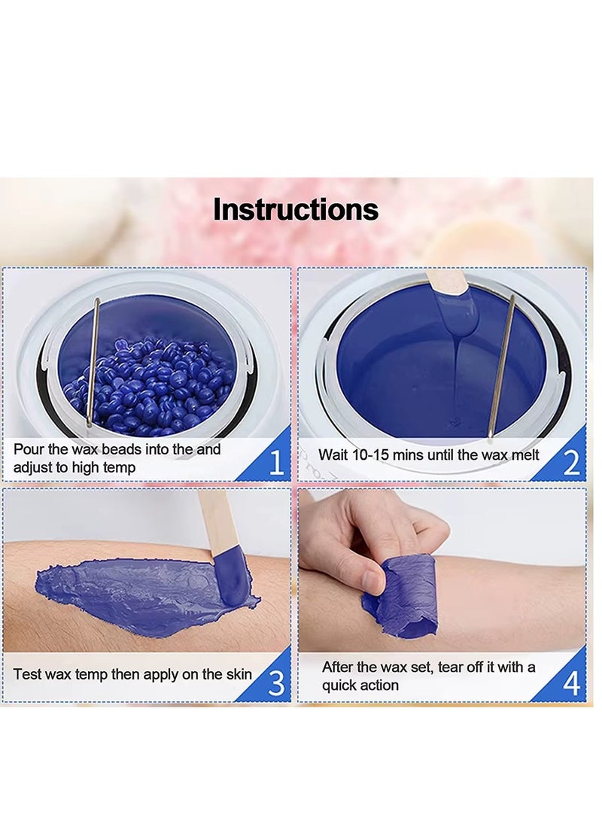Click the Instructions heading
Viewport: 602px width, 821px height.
296,209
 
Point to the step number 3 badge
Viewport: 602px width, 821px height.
275,683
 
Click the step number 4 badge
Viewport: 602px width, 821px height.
571,683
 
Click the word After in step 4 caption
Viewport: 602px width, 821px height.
339,667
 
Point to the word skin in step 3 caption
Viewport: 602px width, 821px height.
237,674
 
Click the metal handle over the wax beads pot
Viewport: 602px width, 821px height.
95,361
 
